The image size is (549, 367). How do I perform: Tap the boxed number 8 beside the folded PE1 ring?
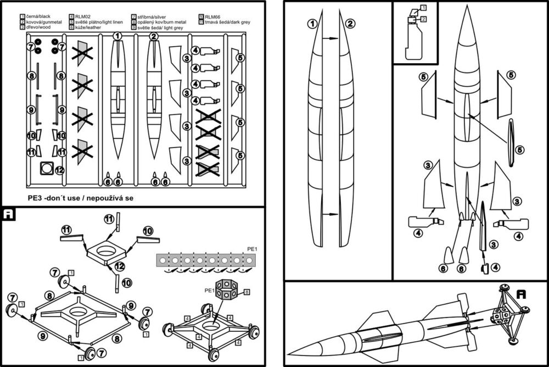pyautogui.click(x=247, y=291)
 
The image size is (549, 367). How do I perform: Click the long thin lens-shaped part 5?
pyautogui.click(x=511, y=142)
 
